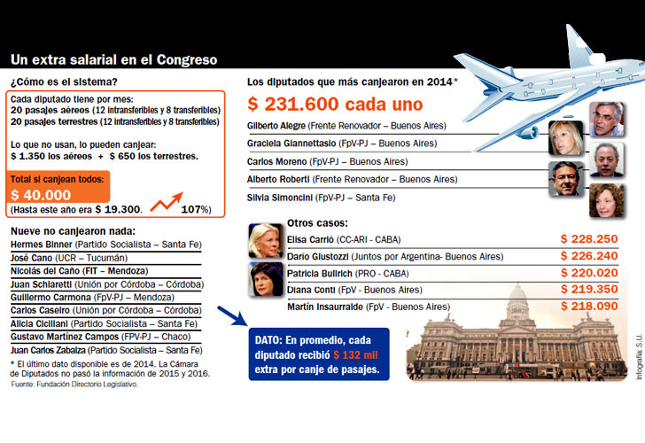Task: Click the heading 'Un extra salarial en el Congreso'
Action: point(114,60)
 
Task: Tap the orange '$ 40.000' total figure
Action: point(41,194)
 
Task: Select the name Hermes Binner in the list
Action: point(41,243)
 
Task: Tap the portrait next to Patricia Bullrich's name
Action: point(267,280)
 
